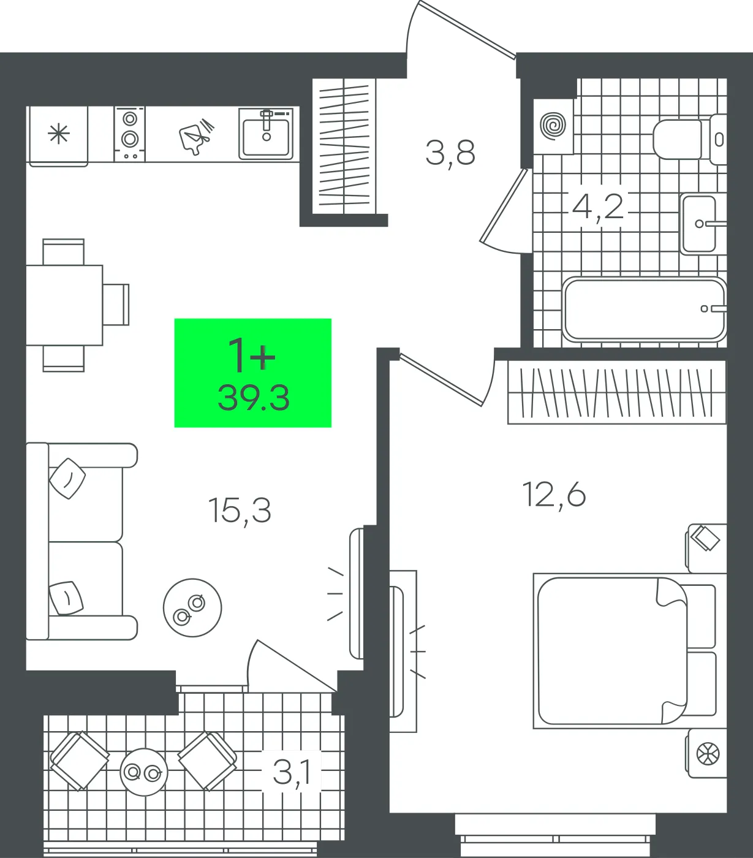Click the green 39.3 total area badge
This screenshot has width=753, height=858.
click(x=253, y=373)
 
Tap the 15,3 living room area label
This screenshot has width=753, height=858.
click(x=240, y=511)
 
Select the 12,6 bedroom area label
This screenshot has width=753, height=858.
click(x=554, y=495)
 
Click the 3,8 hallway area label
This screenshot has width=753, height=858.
click(x=450, y=153)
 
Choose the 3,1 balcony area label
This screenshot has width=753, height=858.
click(x=292, y=772)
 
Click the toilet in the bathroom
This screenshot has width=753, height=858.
click(x=690, y=139)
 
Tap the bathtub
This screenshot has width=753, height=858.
click(x=644, y=309)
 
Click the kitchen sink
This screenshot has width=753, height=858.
click(x=266, y=133)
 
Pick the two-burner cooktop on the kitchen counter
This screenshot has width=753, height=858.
click(x=130, y=134)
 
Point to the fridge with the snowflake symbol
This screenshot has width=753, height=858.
click(x=58, y=135)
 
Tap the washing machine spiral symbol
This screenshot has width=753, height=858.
click(x=553, y=126)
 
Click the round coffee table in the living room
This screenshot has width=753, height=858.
click(x=192, y=608)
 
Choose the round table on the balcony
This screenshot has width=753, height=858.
click(x=144, y=772)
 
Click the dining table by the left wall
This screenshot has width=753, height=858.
click(x=64, y=305)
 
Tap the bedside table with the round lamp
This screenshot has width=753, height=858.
click(x=707, y=753)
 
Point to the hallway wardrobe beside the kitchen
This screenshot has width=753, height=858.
click(x=344, y=146)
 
